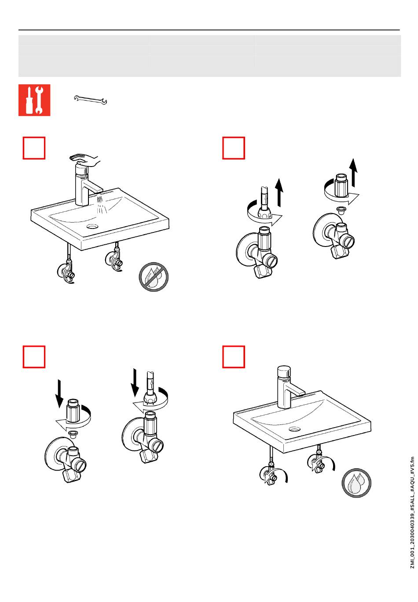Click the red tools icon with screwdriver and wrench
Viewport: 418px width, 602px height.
(x=34, y=100)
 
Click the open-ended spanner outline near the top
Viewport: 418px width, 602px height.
(x=90, y=101)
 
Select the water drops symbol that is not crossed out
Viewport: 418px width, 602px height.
(x=356, y=483)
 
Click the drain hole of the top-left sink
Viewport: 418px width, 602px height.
(x=93, y=227)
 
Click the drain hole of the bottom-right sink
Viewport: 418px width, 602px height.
(x=295, y=428)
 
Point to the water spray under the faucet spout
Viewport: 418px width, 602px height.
(x=102, y=205)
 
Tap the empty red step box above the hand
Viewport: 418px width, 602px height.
(x=34, y=148)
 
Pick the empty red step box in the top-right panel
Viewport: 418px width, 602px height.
(x=234, y=148)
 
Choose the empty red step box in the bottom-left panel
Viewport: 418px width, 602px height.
(x=34, y=356)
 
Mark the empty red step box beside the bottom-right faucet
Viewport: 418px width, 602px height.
(x=234, y=356)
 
